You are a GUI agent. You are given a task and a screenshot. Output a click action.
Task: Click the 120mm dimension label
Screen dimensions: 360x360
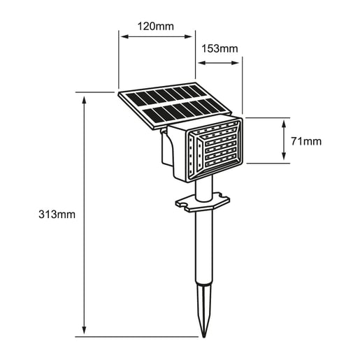[155, 27]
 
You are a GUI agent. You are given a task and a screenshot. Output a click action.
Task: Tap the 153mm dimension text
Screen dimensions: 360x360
[219, 49]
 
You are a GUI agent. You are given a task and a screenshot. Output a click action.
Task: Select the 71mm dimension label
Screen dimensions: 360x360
[306, 141]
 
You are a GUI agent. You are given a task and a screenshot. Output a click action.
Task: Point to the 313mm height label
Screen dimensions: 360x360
[57, 215]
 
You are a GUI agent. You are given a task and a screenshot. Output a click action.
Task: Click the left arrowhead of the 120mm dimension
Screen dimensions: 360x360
[124, 36]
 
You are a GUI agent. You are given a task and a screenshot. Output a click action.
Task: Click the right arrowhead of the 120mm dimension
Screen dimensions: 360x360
[188, 36]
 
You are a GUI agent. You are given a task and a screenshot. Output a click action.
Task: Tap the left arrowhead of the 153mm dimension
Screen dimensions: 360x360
[202, 63]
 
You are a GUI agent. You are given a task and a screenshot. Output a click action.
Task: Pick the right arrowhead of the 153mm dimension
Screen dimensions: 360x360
[235, 63]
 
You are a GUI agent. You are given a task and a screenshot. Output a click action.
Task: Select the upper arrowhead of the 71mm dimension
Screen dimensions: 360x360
[284, 124]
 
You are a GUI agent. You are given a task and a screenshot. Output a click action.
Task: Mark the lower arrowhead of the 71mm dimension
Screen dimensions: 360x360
[284, 156]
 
